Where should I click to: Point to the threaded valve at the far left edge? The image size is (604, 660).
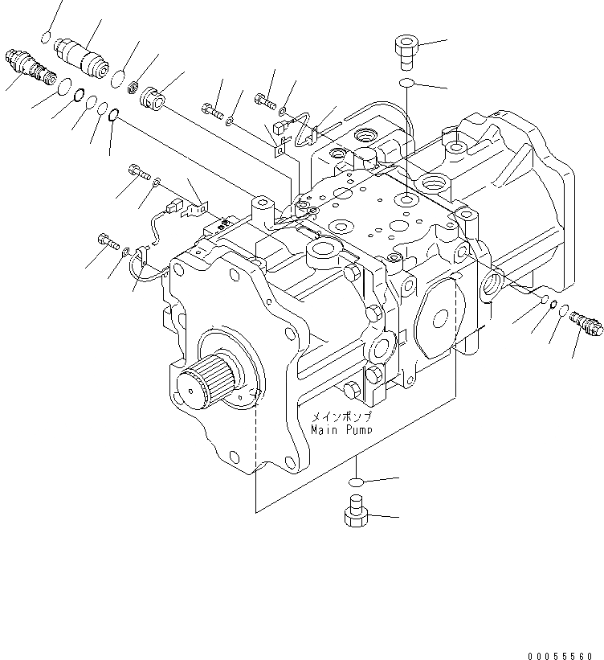(28, 68)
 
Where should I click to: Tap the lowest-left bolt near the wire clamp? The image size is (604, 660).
(108, 239)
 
